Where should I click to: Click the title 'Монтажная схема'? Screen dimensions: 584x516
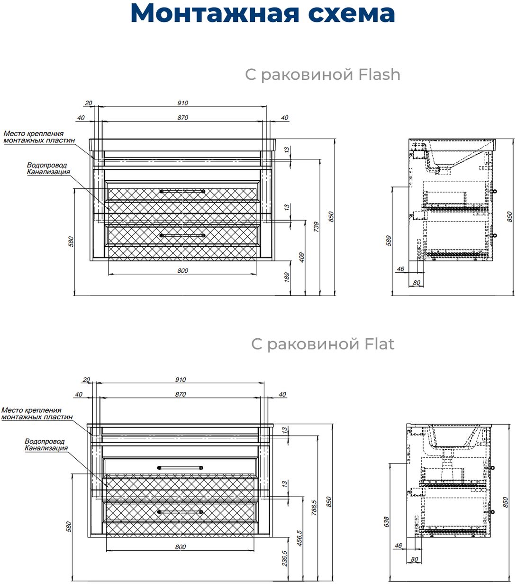tap(263, 14)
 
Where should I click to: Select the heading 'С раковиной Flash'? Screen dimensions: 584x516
tap(322, 74)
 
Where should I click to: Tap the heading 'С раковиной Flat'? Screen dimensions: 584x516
tap(322, 343)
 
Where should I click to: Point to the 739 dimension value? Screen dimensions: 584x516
tap(316, 226)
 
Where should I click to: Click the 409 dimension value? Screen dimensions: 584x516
tap(302, 257)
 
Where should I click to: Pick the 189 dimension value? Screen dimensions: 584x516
tap(287, 277)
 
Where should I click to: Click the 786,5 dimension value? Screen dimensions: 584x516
tap(313, 508)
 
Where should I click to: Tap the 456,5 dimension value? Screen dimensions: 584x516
tap(299, 538)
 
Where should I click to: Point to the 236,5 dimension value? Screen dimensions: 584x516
tap(284, 559)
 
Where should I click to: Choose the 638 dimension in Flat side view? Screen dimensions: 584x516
tap(386, 522)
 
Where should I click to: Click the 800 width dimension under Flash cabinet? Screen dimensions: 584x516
tap(182, 270)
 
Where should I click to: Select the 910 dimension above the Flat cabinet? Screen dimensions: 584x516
tap(180, 380)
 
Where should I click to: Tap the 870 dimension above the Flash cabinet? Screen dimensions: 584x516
tap(182, 118)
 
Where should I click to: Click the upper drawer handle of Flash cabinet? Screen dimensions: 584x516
tap(182, 191)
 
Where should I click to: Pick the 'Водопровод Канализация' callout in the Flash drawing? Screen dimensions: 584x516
tap(48, 168)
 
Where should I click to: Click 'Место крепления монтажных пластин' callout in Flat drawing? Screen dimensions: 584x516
tap(37, 413)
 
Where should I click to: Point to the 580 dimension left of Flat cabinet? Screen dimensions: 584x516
tap(68, 526)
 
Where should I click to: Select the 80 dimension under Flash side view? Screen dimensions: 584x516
tap(417, 283)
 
